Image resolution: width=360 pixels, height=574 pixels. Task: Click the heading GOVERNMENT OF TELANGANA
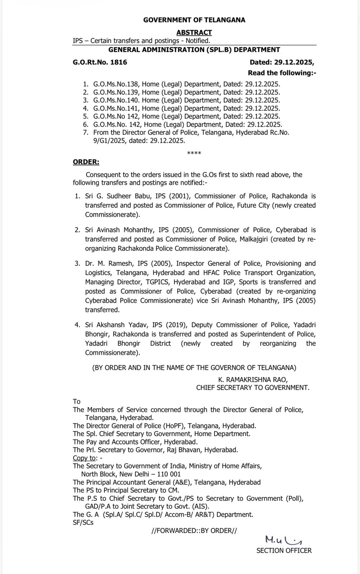[194, 20]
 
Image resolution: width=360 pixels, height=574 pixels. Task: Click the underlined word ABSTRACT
[194, 33]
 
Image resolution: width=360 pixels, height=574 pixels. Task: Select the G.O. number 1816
[119, 62]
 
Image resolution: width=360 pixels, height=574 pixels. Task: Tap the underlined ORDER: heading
[86, 162]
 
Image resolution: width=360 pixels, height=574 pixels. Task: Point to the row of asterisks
[194, 154]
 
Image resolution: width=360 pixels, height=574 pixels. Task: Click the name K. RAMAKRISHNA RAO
[253, 380]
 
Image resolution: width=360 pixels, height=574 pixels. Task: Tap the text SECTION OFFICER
[284, 551]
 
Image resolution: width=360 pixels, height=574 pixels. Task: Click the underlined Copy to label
[84, 458]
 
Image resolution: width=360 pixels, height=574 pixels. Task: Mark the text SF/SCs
[83, 523]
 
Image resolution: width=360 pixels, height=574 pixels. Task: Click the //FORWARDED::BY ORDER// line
[194, 531]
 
